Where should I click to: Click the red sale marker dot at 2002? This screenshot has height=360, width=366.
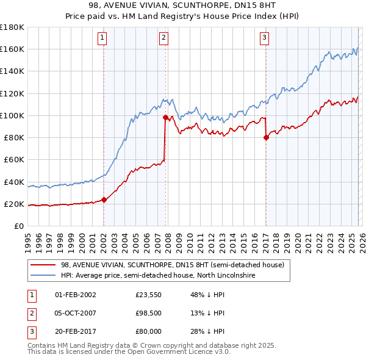[x=104, y=199]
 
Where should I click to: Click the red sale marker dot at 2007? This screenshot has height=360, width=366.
[x=165, y=117]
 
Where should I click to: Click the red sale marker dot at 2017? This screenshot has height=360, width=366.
[x=266, y=137]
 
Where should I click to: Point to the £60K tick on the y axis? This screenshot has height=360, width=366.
[x=12, y=160]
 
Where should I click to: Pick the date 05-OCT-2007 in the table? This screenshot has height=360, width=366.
[x=76, y=313]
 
